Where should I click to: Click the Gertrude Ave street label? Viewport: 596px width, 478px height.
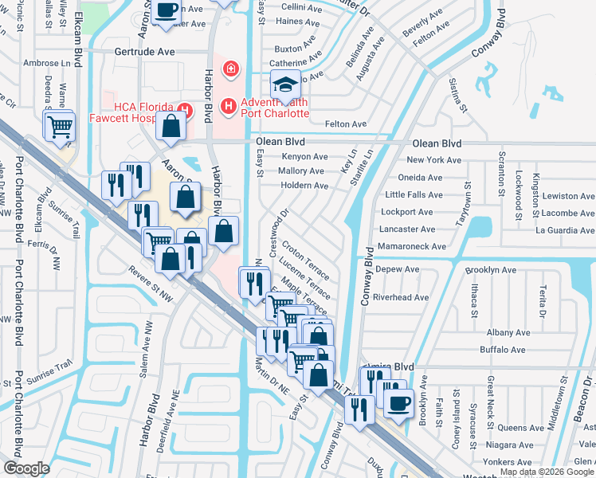pos(145,50)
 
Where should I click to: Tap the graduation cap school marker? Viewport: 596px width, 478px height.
pos(284,84)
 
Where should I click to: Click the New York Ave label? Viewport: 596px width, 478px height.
pos(433,160)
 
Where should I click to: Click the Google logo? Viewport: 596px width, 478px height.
pos(26,468)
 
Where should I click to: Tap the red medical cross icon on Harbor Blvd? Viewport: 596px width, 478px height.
pos(231,69)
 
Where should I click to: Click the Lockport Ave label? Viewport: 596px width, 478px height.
pos(407,213)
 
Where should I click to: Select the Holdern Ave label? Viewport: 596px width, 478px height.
pos(304,186)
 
